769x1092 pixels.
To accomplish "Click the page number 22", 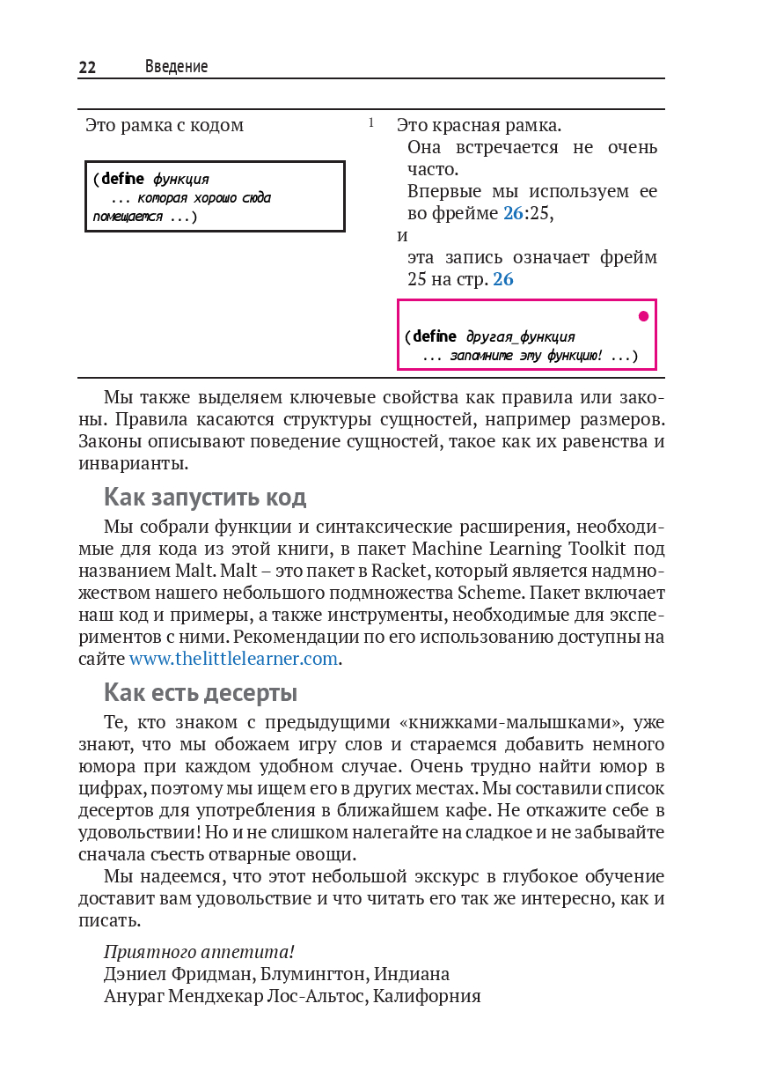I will [x=87, y=68].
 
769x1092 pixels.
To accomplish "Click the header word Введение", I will [x=176, y=67].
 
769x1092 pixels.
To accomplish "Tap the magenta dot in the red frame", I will [x=643, y=316].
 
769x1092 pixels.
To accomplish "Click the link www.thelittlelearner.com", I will [x=233, y=659].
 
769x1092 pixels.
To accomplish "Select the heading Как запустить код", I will [x=205, y=498].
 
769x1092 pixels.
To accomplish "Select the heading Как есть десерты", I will [x=201, y=693].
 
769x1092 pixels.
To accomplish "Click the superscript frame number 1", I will [x=371, y=122].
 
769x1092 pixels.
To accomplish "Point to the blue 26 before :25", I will [x=513, y=213].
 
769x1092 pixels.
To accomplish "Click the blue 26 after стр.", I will [x=503, y=280].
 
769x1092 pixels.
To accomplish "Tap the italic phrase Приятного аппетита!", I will [x=199, y=952].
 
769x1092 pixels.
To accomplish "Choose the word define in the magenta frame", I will [x=435, y=336].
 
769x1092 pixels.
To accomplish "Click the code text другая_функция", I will [x=520, y=336].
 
